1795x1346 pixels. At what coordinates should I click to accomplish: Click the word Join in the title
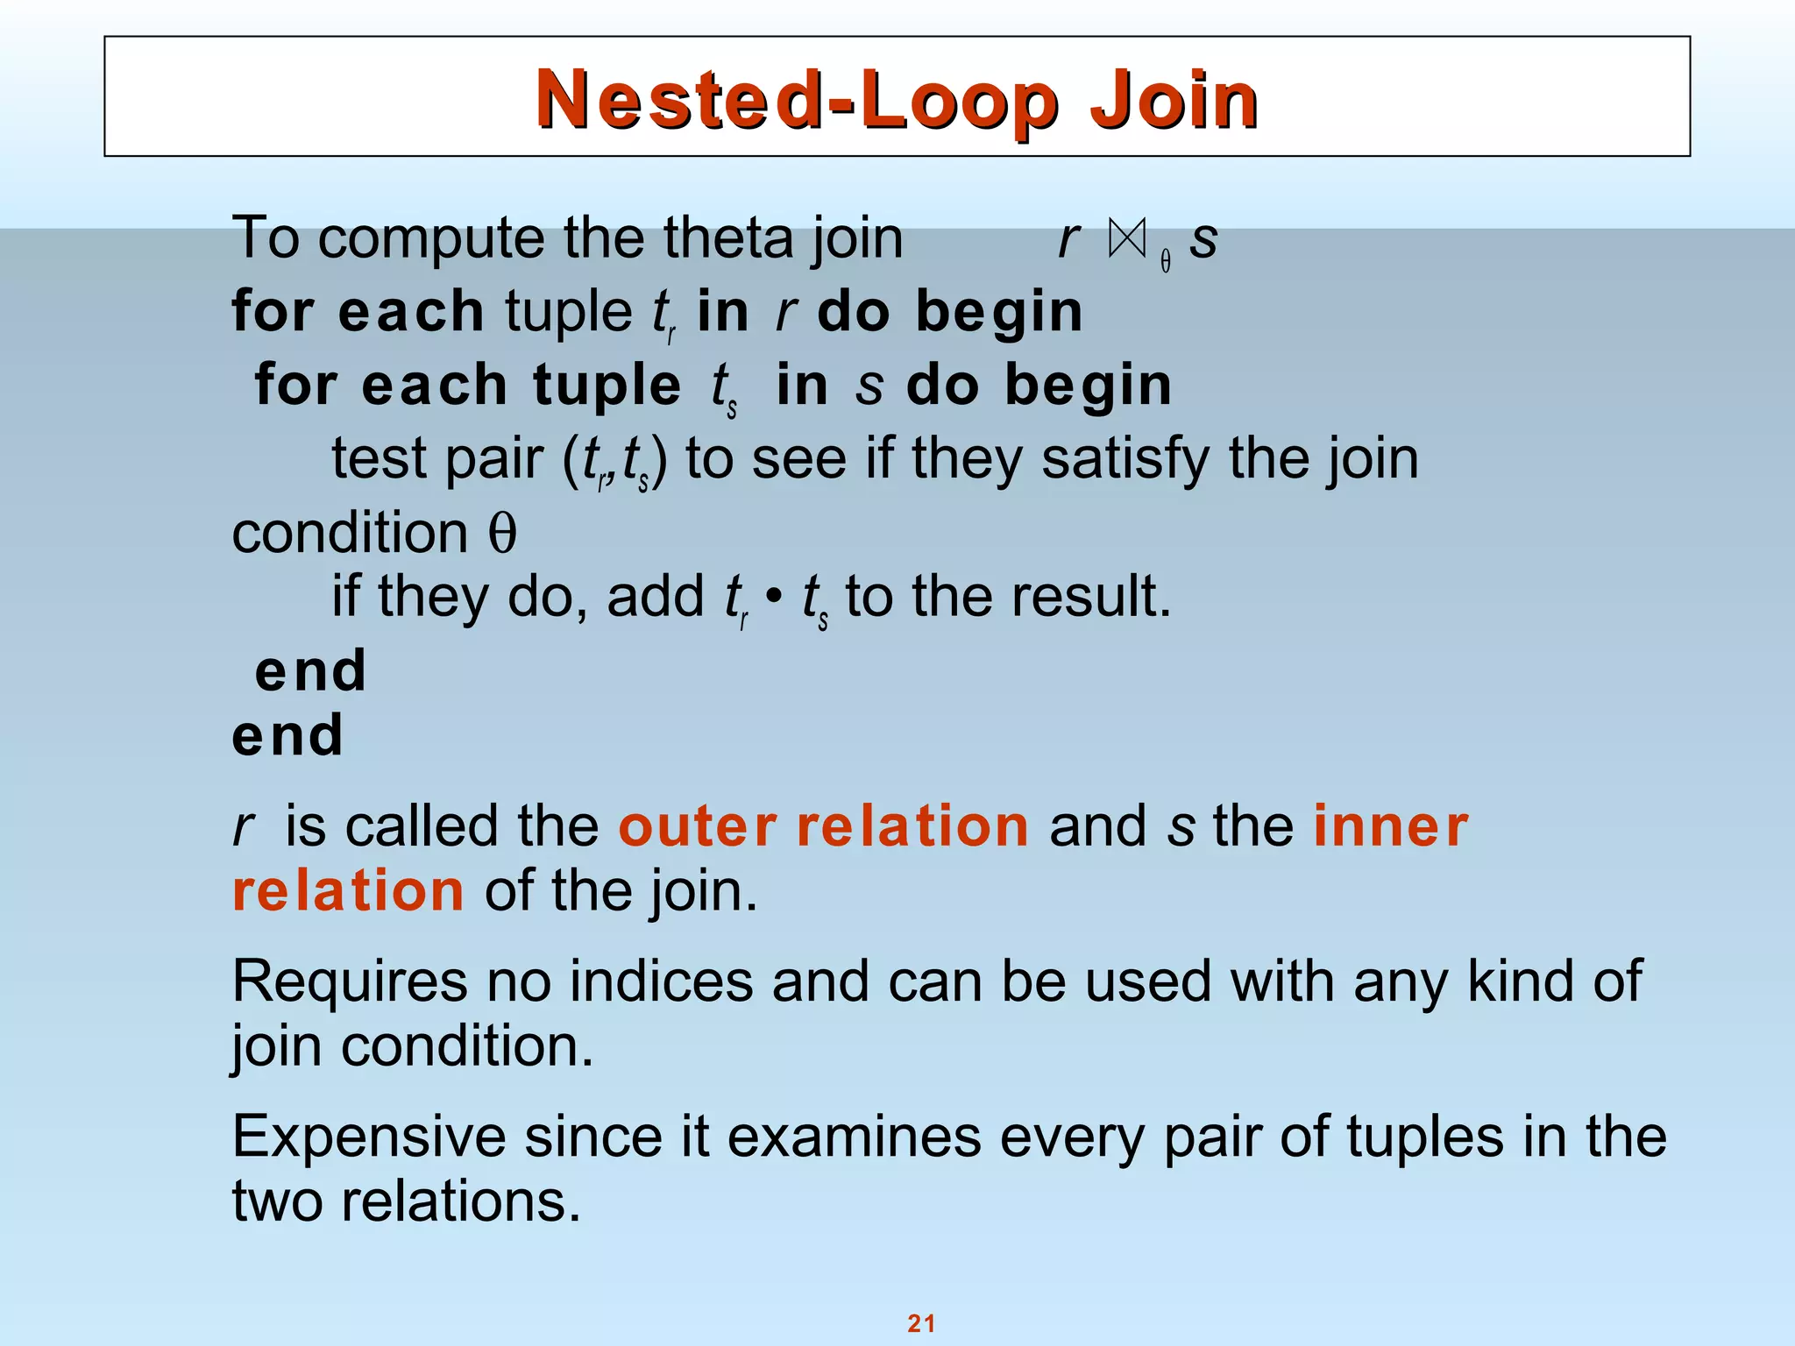1173,101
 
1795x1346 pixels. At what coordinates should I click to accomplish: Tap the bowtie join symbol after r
1127,238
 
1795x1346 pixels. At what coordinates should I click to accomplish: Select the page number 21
921,1323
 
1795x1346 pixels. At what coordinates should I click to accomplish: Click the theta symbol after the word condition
502,534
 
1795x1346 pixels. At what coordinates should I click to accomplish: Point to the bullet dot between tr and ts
773,597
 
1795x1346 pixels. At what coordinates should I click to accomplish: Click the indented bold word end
310,671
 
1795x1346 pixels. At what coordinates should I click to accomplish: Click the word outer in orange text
697,826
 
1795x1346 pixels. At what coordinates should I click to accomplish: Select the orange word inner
1390,826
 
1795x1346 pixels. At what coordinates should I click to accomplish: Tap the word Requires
349,981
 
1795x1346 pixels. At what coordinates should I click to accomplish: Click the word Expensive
368,1137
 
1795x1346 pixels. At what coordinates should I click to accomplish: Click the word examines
854,1137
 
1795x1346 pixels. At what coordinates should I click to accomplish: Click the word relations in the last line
460,1201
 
